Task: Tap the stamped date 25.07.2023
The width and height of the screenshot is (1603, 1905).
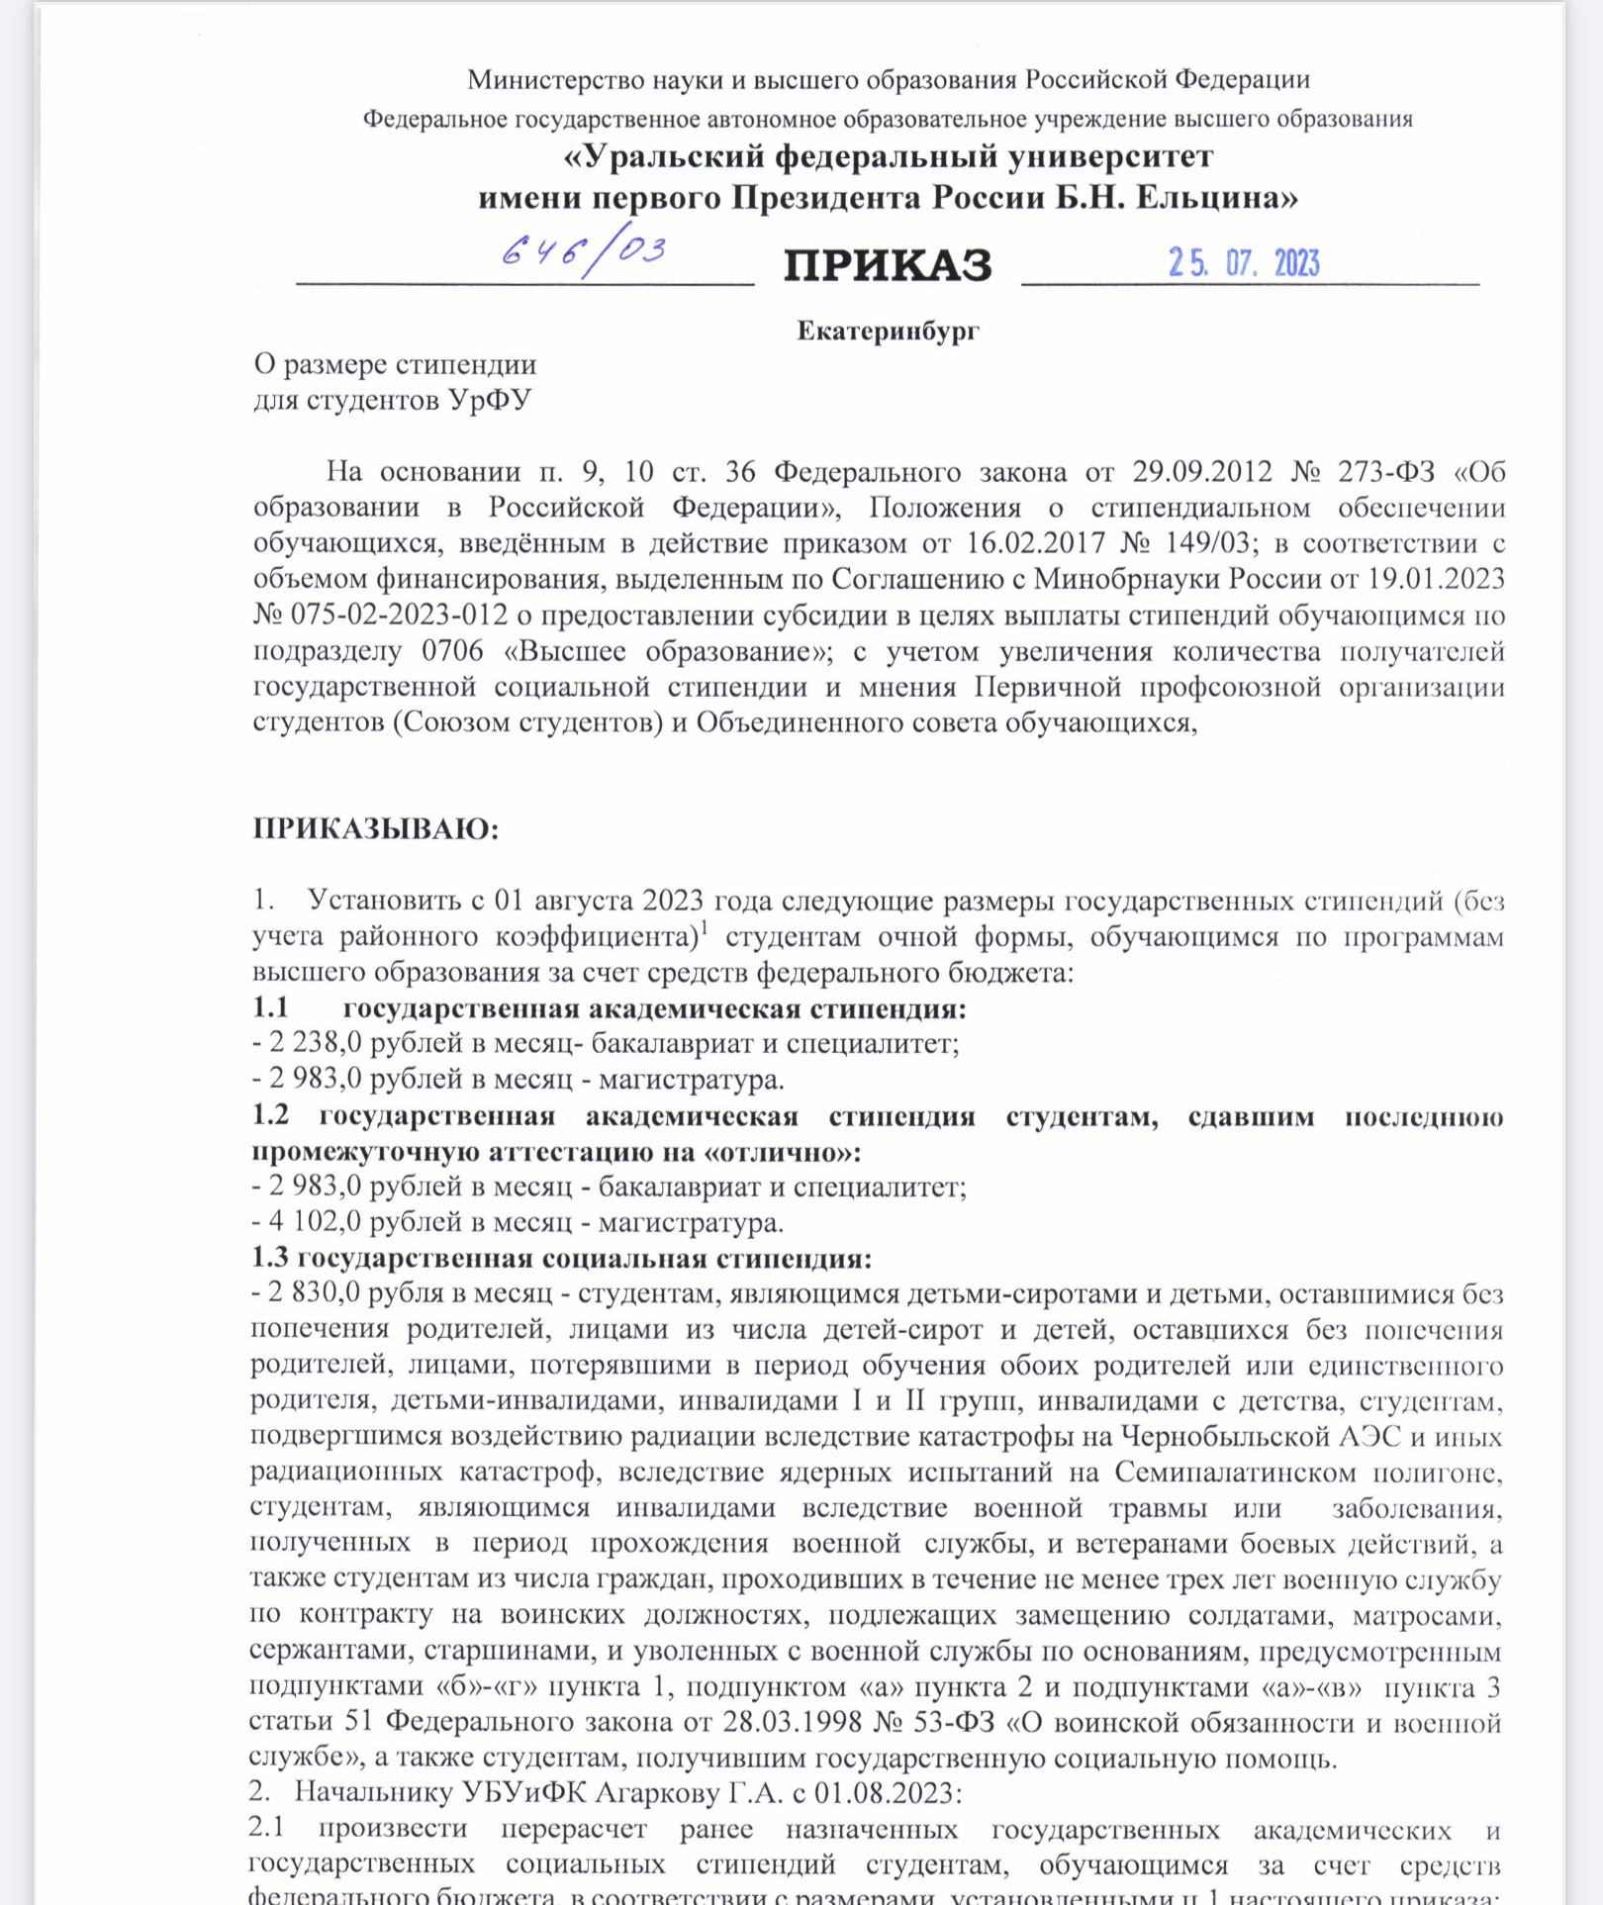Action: tap(1244, 263)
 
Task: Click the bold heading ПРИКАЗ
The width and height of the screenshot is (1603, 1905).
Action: tap(888, 265)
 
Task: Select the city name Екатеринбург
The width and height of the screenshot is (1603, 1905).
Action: tap(888, 331)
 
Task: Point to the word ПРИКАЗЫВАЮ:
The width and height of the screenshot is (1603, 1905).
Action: tap(376, 828)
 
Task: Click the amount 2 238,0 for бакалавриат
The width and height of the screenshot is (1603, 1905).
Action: tap(316, 1043)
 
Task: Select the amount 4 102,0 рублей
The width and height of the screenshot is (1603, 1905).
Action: tap(316, 1222)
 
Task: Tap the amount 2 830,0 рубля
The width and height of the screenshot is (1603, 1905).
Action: tap(316, 1293)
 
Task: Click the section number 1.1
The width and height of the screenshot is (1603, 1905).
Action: tap(270, 1008)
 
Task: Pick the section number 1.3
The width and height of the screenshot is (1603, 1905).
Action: tap(270, 1258)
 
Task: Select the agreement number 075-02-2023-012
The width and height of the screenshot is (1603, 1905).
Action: tap(399, 615)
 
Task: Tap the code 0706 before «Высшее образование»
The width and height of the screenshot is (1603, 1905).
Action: tap(452, 651)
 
